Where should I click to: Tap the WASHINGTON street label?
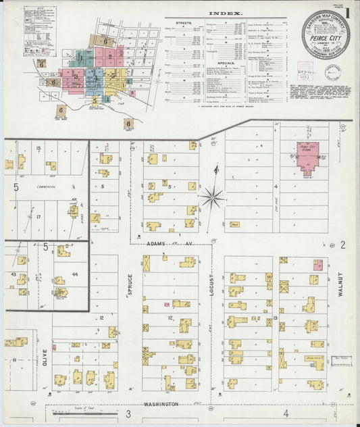pos(161,403)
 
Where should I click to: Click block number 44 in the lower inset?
pos(74,276)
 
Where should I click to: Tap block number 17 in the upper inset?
pos(39,217)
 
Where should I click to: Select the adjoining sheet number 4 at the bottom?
pos(286,413)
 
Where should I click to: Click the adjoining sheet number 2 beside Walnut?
pos(343,244)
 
